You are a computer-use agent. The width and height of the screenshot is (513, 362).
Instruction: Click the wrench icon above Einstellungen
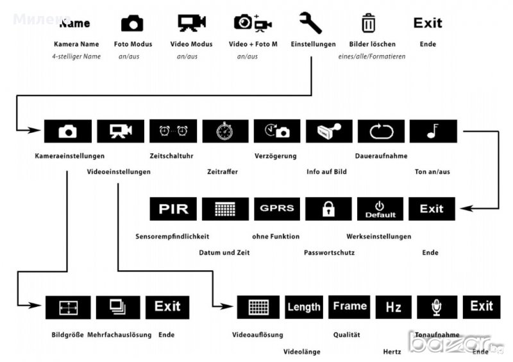(x=310, y=23)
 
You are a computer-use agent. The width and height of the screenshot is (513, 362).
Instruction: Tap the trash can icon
(x=368, y=23)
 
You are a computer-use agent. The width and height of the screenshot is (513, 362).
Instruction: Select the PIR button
(x=173, y=209)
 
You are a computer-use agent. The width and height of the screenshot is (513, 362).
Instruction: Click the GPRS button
(x=277, y=209)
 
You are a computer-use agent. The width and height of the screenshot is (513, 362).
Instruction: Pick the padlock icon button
(x=328, y=209)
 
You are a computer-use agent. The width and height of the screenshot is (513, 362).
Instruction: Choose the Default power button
(x=380, y=209)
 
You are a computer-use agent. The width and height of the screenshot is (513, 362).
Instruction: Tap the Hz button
(x=393, y=307)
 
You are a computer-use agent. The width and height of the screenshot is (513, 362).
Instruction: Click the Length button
(x=303, y=307)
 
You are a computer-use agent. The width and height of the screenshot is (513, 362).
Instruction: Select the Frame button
(x=349, y=307)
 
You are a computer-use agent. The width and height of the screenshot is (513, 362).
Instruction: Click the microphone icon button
(x=437, y=307)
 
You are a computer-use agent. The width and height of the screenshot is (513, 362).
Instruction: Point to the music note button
(x=432, y=131)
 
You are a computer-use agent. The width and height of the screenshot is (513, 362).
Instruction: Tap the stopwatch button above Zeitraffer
(x=225, y=131)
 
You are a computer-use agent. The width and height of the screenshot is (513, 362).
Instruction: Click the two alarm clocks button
(x=172, y=131)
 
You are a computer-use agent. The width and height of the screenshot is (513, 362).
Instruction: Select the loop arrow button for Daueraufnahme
(x=381, y=131)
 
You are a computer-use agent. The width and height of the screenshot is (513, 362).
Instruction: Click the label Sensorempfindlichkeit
(x=172, y=236)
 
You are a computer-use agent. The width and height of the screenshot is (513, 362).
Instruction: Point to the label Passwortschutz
(x=329, y=252)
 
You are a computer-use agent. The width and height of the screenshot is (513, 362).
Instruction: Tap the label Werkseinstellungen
(x=378, y=236)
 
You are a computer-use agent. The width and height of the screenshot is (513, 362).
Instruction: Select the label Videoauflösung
(x=257, y=334)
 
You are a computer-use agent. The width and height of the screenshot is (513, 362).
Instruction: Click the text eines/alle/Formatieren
(x=371, y=56)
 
